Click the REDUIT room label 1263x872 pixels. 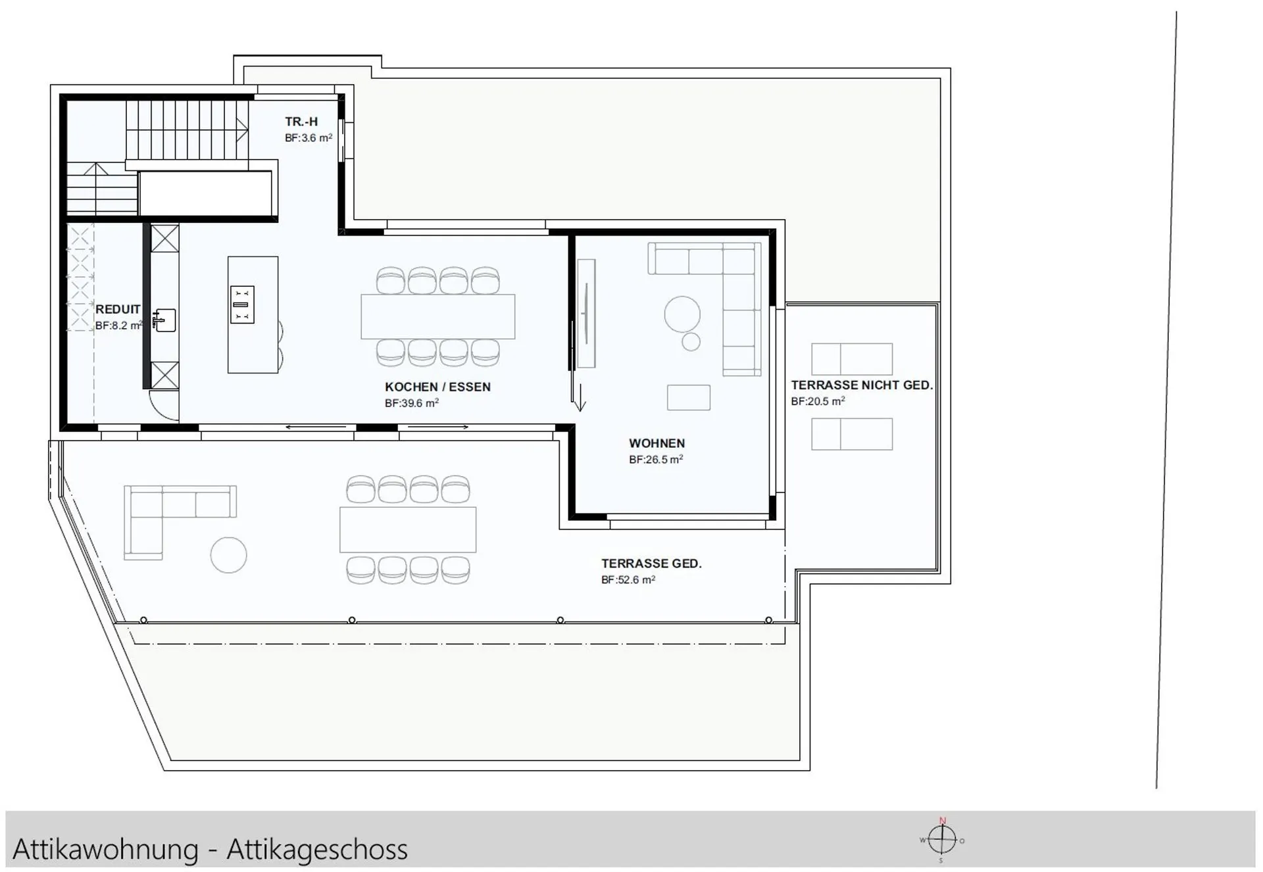click(118, 309)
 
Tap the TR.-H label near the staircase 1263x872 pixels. click(301, 122)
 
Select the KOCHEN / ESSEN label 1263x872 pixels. click(437, 387)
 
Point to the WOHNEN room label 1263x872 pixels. click(656, 443)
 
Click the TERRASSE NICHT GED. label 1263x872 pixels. click(862, 385)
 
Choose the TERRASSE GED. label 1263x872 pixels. click(651, 564)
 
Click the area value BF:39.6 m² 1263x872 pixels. click(412, 403)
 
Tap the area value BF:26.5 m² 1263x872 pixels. click(656, 459)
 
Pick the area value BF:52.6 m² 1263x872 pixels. click(628, 579)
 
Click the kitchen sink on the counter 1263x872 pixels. click(164, 320)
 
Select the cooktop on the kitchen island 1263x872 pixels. click(242, 304)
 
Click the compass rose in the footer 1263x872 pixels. click(942, 840)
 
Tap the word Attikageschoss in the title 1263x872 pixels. click(317, 849)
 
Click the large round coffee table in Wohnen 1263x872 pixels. click(682, 314)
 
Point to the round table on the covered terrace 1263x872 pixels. click(228, 555)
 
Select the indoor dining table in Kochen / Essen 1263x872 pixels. click(438, 317)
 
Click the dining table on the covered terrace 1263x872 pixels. click(408, 529)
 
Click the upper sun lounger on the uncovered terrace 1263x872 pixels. click(852, 359)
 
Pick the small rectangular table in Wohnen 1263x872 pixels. click(689, 397)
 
